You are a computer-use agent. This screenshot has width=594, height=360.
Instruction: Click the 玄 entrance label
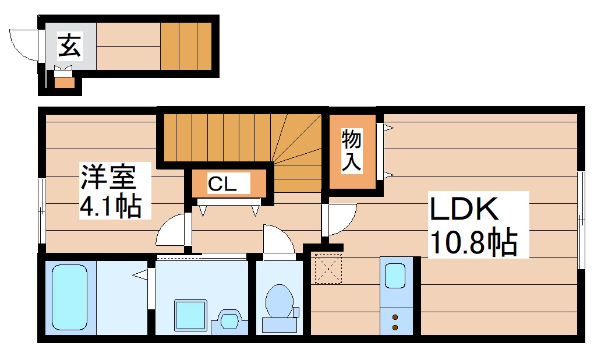point(69,45)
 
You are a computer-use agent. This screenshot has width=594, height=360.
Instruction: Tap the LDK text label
point(464,210)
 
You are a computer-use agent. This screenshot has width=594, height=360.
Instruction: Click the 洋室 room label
point(108,176)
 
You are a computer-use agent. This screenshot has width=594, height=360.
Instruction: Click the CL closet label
point(222,185)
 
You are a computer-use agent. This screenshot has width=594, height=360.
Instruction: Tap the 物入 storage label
point(351,150)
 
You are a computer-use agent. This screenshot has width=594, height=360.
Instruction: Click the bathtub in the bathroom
point(69,297)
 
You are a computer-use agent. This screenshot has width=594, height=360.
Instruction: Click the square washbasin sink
point(191,315)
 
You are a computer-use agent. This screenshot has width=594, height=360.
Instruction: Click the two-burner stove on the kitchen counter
point(395,322)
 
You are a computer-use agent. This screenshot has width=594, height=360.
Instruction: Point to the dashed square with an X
point(327,268)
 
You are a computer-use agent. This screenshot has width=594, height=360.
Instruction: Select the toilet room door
point(278,240)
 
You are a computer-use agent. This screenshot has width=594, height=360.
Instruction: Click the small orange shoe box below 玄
point(64,82)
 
